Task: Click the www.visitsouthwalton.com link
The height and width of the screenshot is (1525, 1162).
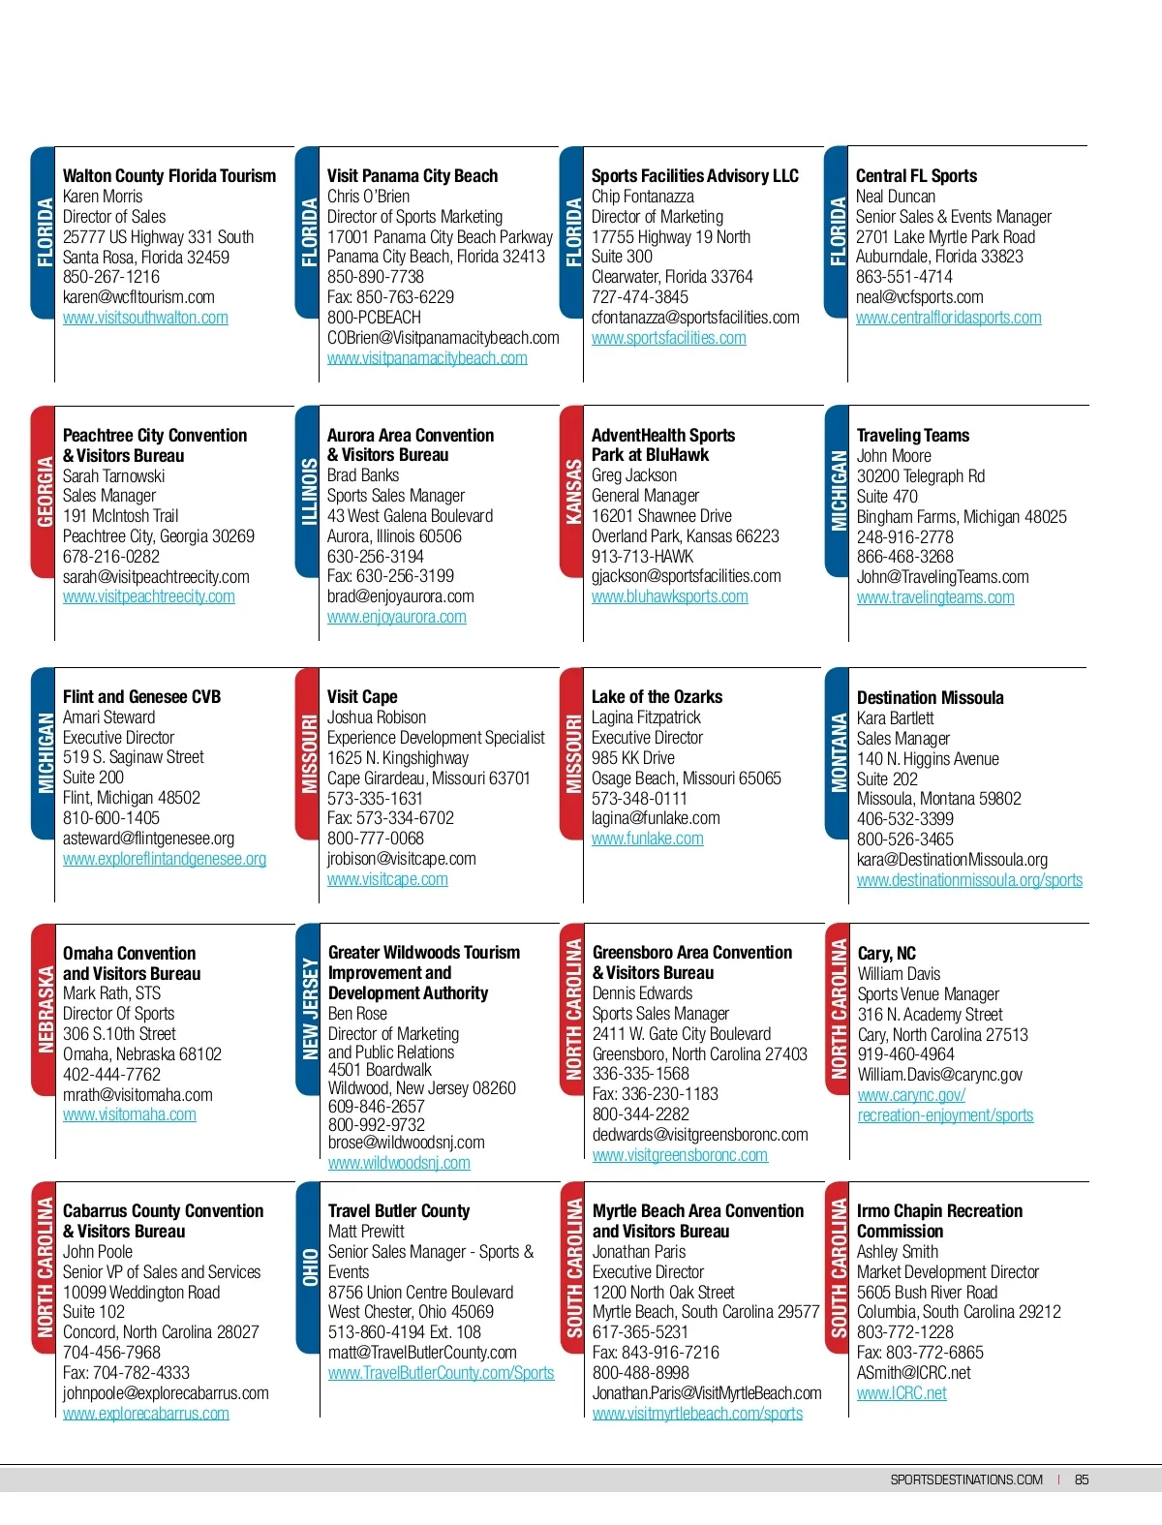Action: pyautogui.click(x=145, y=318)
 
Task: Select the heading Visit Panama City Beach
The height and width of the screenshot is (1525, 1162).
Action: pyautogui.click(x=412, y=176)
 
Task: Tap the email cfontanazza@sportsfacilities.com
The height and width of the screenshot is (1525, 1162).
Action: pyautogui.click(x=695, y=318)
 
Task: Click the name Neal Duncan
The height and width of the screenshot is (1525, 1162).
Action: pyautogui.click(x=895, y=197)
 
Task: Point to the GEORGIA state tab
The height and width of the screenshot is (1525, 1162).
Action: pyautogui.click(x=44, y=492)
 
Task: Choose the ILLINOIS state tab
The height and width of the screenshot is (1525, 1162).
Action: pyautogui.click(x=308, y=492)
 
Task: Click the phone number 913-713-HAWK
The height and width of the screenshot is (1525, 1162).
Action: pyautogui.click(x=642, y=557)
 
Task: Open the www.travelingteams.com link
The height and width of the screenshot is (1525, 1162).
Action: pyautogui.click(x=935, y=597)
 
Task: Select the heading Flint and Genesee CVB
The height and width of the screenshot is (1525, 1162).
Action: pyautogui.click(x=141, y=697)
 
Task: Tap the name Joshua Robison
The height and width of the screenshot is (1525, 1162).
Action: pyautogui.click(x=376, y=717)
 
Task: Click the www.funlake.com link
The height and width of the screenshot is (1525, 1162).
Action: pyautogui.click(x=647, y=839)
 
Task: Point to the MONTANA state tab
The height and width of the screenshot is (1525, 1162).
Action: pyautogui.click(x=838, y=752)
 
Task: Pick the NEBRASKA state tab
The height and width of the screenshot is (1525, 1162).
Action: pyautogui.click(x=44, y=1009)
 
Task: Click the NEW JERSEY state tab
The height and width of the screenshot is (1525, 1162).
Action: pyautogui.click(x=309, y=1009)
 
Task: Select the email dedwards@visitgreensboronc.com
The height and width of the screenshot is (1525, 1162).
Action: pyautogui.click(x=699, y=1135)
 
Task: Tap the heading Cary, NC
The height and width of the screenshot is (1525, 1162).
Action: pyautogui.click(x=886, y=954)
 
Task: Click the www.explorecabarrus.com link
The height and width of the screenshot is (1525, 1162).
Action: pyautogui.click(x=145, y=1414)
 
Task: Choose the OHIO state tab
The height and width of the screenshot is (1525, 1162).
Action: pyautogui.click(x=309, y=1267)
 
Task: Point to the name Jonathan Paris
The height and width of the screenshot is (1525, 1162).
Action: pyautogui.click(x=638, y=1252)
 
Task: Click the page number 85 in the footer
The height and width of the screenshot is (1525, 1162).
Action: pyautogui.click(x=1082, y=1479)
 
